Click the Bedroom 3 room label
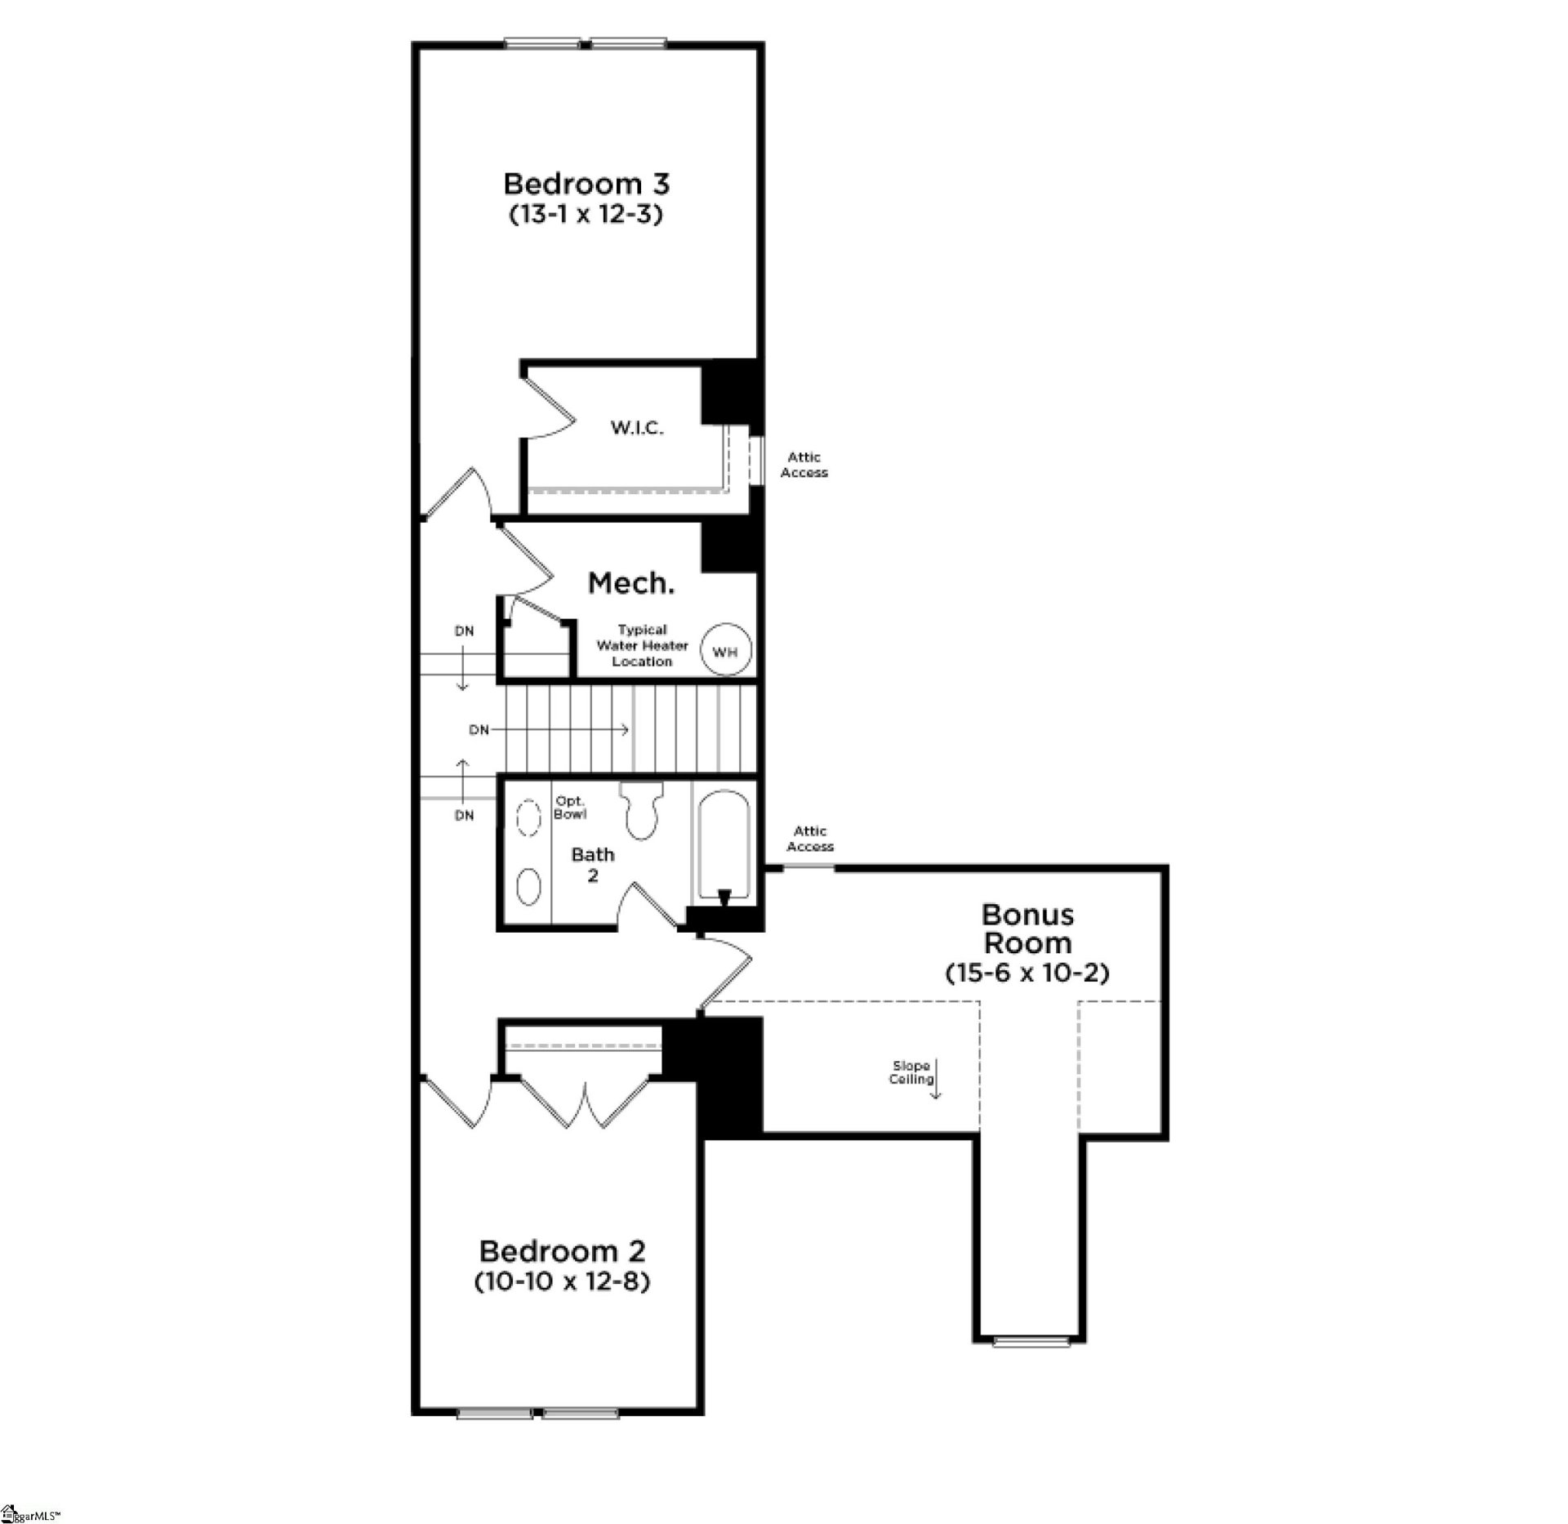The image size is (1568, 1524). click(x=586, y=184)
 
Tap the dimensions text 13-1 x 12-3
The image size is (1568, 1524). click(x=586, y=215)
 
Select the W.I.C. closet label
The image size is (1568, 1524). click(x=637, y=428)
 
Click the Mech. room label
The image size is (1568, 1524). click(x=631, y=583)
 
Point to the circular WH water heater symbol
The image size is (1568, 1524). click(x=725, y=651)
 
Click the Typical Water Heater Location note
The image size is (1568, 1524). click(x=642, y=645)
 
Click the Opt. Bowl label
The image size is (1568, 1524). click(x=570, y=808)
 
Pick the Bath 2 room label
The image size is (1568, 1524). click(x=593, y=865)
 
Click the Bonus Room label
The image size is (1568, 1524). click(x=1027, y=928)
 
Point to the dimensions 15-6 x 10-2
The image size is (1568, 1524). click(x=1027, y=974)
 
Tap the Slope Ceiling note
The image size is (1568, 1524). click(x=911, y=1072)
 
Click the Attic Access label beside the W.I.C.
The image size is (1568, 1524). click(x=804, y=465)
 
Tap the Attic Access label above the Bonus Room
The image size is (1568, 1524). click(x=810, y=839)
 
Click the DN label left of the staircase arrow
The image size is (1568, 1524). click(x=479, y=729)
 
